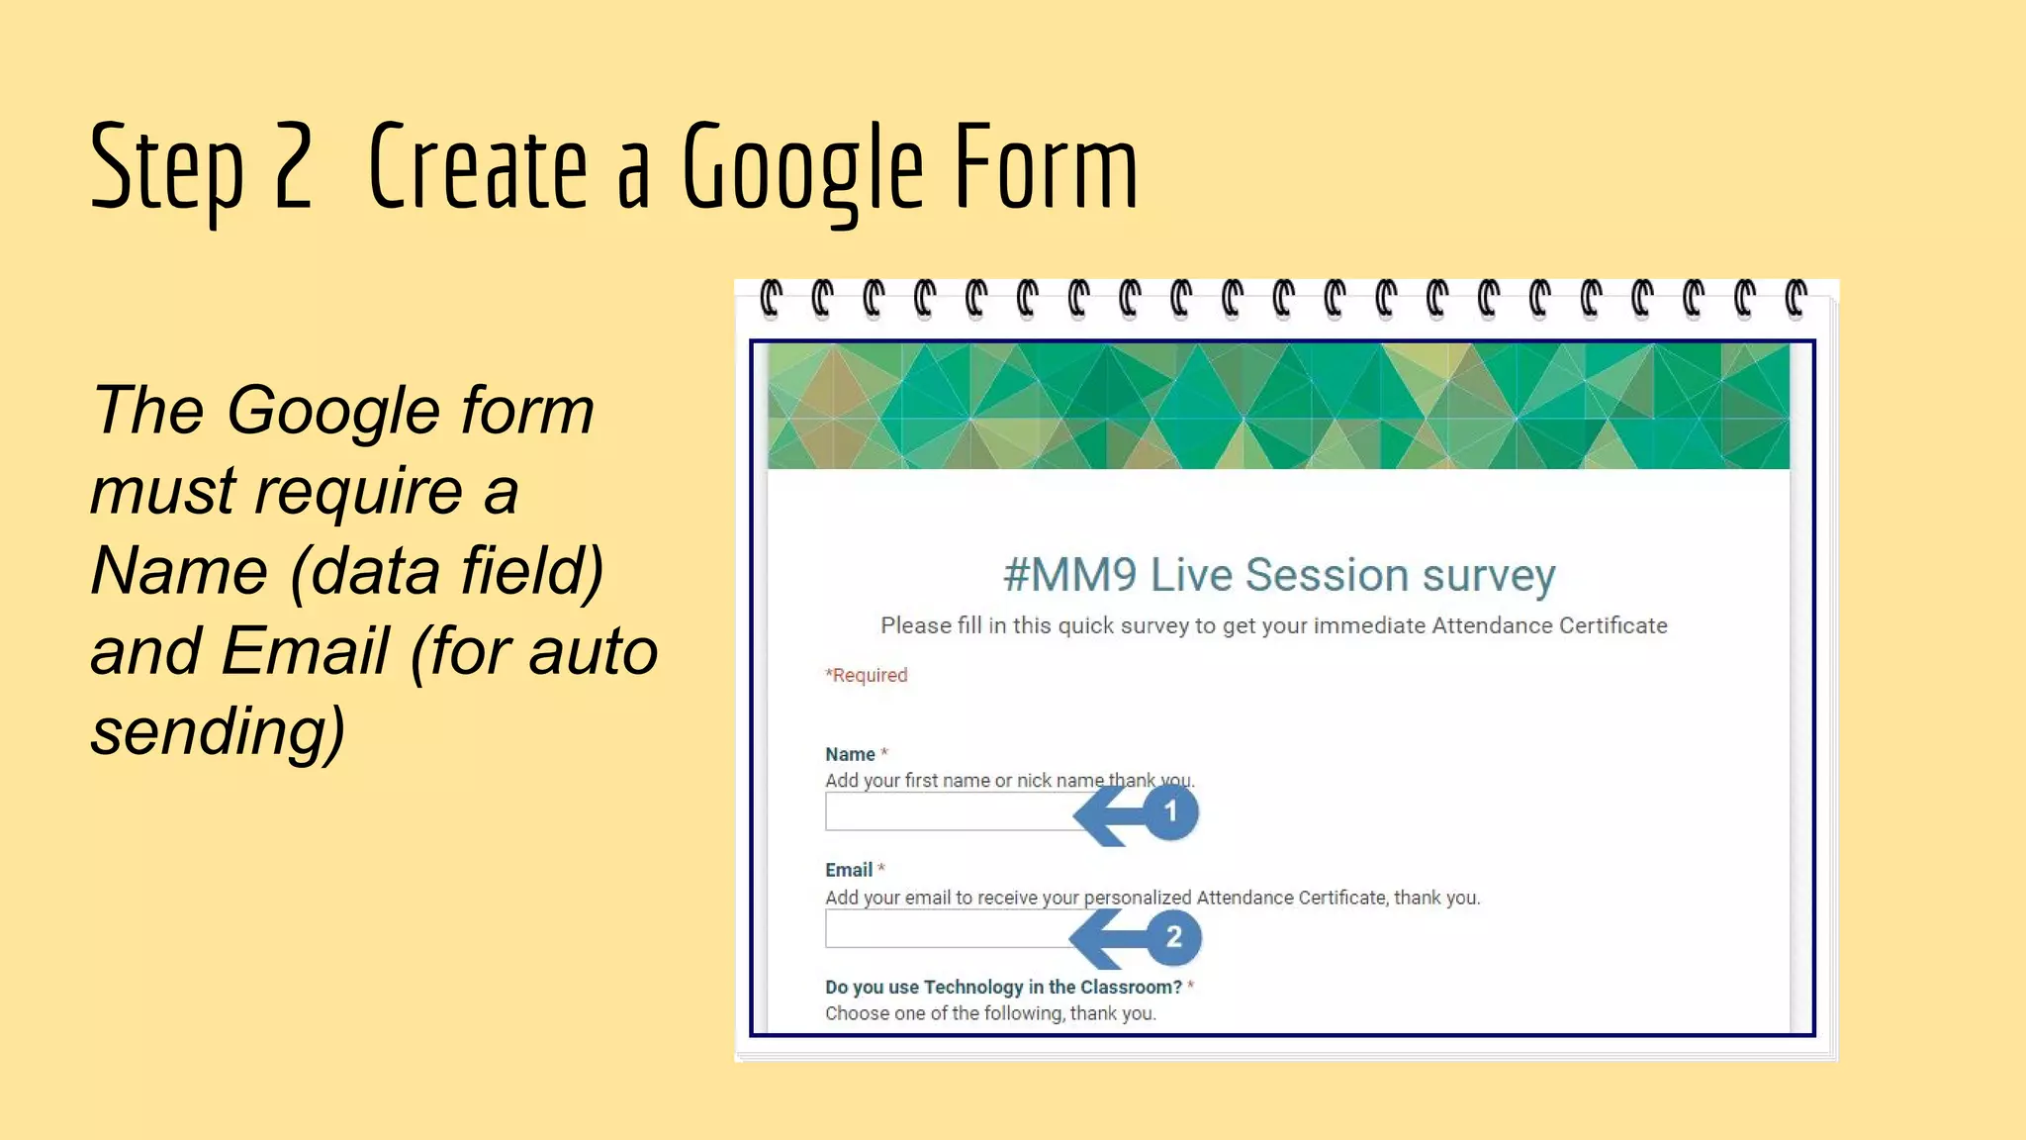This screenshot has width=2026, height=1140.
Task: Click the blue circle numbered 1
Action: (x=1171, y=812)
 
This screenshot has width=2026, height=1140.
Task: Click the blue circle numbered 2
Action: (x=1174, y=937)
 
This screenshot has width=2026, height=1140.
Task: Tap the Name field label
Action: (x=850, y=754)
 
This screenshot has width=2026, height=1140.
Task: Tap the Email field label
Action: (x=849, y=870)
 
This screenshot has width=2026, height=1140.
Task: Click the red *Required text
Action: (x=867, y=675)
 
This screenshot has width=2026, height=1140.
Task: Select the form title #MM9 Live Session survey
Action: (x=1278, y=575)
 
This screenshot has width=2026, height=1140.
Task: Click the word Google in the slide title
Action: (x=802, y=168)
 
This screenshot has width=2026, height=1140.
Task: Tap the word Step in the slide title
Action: (x=166, y=168)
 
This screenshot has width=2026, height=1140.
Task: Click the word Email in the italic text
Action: (x=305, y=651)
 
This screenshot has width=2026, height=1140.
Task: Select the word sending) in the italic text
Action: (x=219, y=731)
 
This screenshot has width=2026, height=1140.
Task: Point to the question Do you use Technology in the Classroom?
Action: (x=1003, y=987)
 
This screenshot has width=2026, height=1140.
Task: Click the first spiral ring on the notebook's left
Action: (x=770, y=299)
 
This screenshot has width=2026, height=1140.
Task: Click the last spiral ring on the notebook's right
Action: (x=1795, y=299)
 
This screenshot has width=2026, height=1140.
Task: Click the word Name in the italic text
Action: (x=179, y=571)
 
